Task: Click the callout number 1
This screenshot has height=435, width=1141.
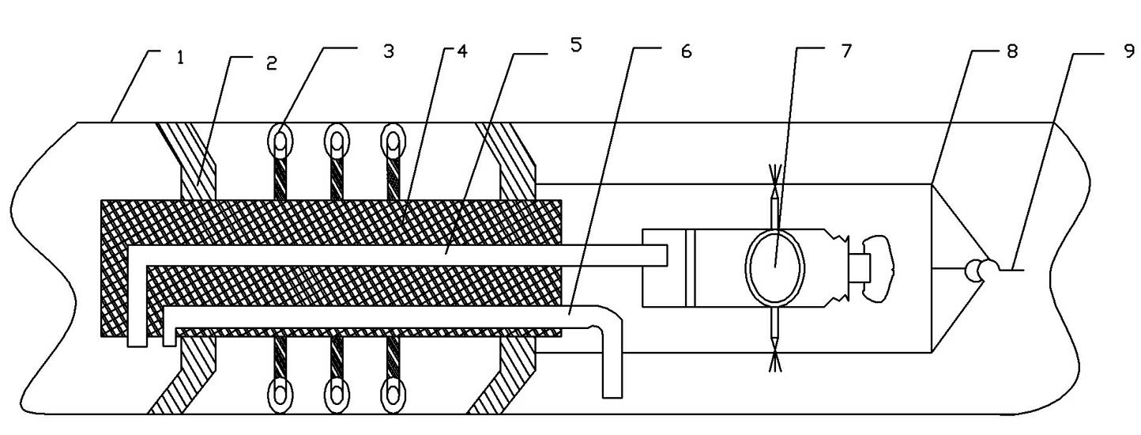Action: (x=179, y=59)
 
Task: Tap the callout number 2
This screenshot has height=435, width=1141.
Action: (x=272, y=64)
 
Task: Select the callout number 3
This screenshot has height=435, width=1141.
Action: (x=389, y=51)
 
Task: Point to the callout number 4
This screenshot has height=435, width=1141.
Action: (x=461, y=51)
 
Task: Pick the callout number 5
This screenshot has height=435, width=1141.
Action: (x=575, y=45)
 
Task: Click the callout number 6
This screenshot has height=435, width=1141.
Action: (x=686, y=51)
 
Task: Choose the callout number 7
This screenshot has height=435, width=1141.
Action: (x=846, y=51)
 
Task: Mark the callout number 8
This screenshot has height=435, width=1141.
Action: (x=1011, y=51)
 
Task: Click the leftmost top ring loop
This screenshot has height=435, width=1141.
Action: (x=281, y=139)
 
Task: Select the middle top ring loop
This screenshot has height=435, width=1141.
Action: (x=337, y=139)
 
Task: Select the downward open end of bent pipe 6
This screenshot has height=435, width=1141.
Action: (x=612, y=397)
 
